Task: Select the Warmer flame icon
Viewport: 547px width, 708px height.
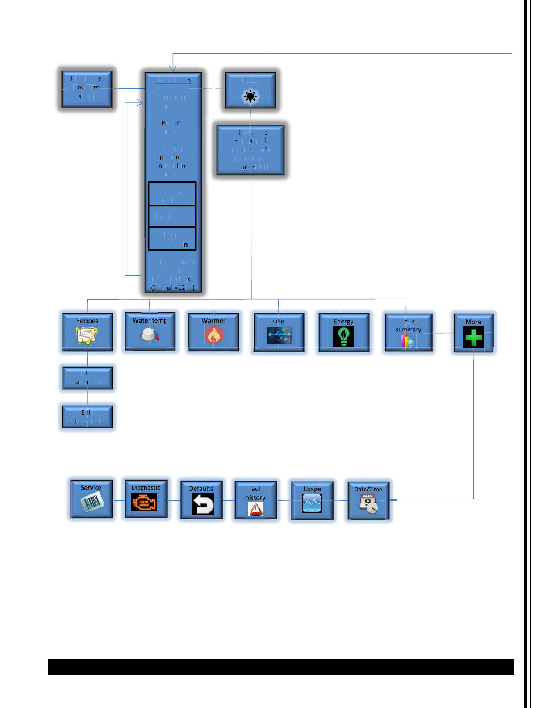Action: (x=213, y=335)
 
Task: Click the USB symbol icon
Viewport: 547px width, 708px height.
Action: (x=280, y=336)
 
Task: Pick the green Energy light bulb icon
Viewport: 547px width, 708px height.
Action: (x=343, y=336)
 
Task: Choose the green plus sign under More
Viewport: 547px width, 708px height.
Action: (x=473, y=337)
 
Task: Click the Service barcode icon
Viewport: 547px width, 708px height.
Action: (x=92, y=503)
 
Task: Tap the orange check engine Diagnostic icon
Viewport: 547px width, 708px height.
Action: (x=144, y=503)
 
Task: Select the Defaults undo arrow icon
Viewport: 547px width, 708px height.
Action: (x=203, y=504)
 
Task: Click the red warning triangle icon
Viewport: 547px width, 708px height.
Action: (x=256, y=509)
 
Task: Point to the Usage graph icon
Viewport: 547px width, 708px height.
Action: (x=312, y=503)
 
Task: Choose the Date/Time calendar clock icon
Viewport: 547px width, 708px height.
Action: (x=369, y=504)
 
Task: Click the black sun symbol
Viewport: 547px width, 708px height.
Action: (x=251, y=96)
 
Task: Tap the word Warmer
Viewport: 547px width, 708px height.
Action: (x=213, y=321)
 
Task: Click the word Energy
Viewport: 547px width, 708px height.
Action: (x=343, y=321)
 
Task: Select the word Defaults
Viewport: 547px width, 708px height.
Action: (x=201, y=489)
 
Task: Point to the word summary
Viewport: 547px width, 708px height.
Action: (x=408, y=330)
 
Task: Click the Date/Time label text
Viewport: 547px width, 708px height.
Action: (x=368, y=489)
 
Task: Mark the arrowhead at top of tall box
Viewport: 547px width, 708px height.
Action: (x=173, y=69)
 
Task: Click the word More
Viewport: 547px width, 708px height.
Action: (x=473, y=322)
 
